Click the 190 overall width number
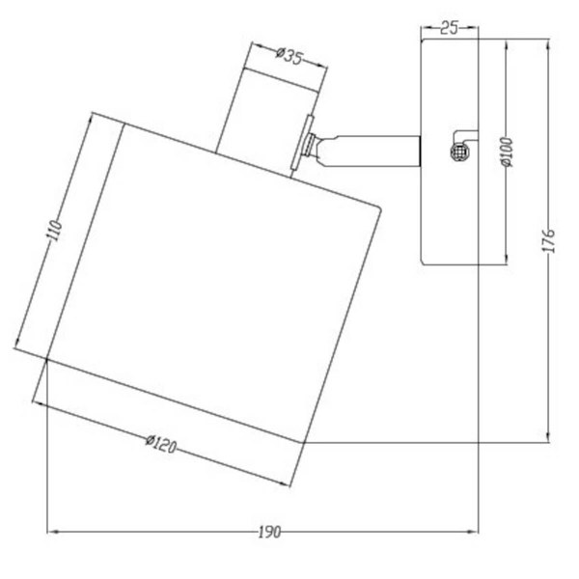click(x=269, y=532)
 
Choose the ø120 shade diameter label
click(x=161, y=445)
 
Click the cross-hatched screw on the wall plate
click(x=458, y=152)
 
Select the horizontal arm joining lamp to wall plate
click(x=372, y=150)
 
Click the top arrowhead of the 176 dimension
click(x=549, y=43)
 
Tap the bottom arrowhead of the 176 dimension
click(x=549, y=438)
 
